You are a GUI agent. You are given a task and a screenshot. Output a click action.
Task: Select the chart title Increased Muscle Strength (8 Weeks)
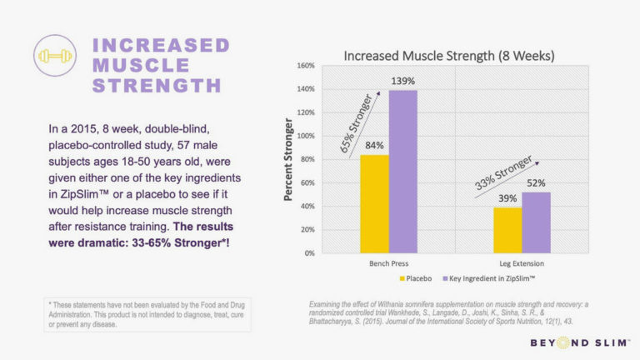click(449, 56)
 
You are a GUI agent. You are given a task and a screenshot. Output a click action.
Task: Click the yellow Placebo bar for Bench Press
click(374, 203)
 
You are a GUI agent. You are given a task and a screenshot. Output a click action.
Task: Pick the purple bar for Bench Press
click(402, 171)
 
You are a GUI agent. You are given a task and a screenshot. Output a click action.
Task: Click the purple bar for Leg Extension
click(535, 222)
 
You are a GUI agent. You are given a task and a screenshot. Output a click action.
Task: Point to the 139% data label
click(402, 82)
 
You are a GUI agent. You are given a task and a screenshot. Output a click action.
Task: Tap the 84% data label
click(374, 146)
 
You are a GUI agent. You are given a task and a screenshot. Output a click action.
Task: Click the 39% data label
click(507, 198)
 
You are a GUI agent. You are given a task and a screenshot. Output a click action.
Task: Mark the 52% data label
click(535, 183)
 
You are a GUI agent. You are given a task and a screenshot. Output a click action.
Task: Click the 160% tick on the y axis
click(305, 65)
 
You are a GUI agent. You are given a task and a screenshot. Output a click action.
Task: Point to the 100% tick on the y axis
click(305, 135)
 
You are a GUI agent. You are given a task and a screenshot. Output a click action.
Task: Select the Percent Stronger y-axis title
click(287, 158)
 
